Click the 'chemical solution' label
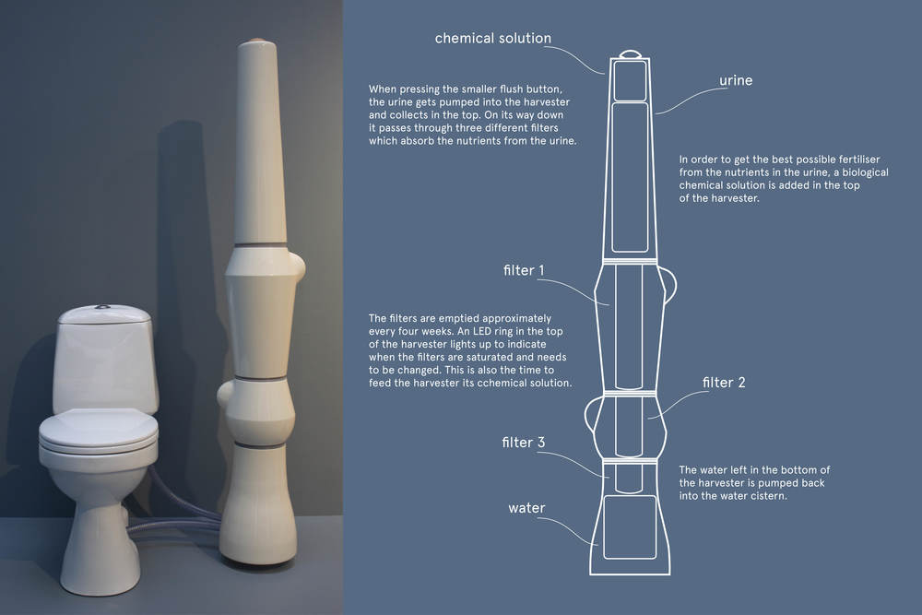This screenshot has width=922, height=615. (492, 38)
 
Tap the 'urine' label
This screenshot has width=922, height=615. (736, 80)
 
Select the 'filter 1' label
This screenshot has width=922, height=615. (524, 270)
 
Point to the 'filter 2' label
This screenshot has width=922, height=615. (723, 382)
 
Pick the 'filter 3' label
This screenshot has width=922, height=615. (524, 443)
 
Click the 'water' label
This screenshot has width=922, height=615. (526, 508)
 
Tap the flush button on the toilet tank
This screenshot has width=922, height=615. (103, 306)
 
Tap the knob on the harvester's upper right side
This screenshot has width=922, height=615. (299, 267)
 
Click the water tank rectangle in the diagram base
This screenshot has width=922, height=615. (630, 526)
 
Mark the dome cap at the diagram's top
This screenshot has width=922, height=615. (630, 53)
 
